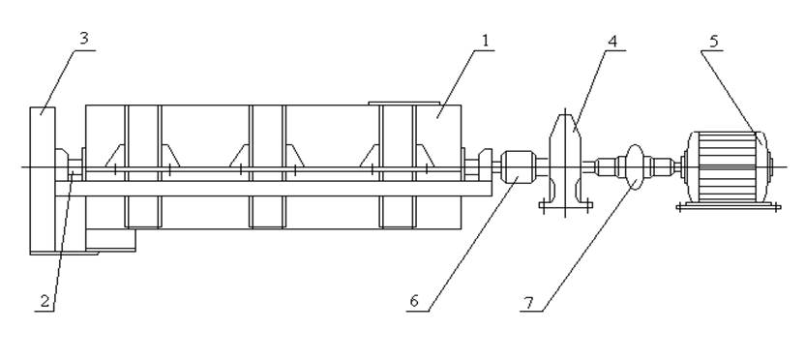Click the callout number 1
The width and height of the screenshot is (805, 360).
(x=485, y=41)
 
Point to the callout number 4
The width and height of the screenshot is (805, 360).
(x=611, y=42)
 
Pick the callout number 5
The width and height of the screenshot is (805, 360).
(x=714, y=42)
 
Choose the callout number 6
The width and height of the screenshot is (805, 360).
(x=414, y=302)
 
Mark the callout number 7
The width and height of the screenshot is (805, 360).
(x=527, y=303)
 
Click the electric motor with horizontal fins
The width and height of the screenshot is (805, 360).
(x=727, y=166)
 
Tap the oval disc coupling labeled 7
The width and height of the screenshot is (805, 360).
(x=635, y=166)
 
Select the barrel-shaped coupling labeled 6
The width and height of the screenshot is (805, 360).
(x=518, y=166)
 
